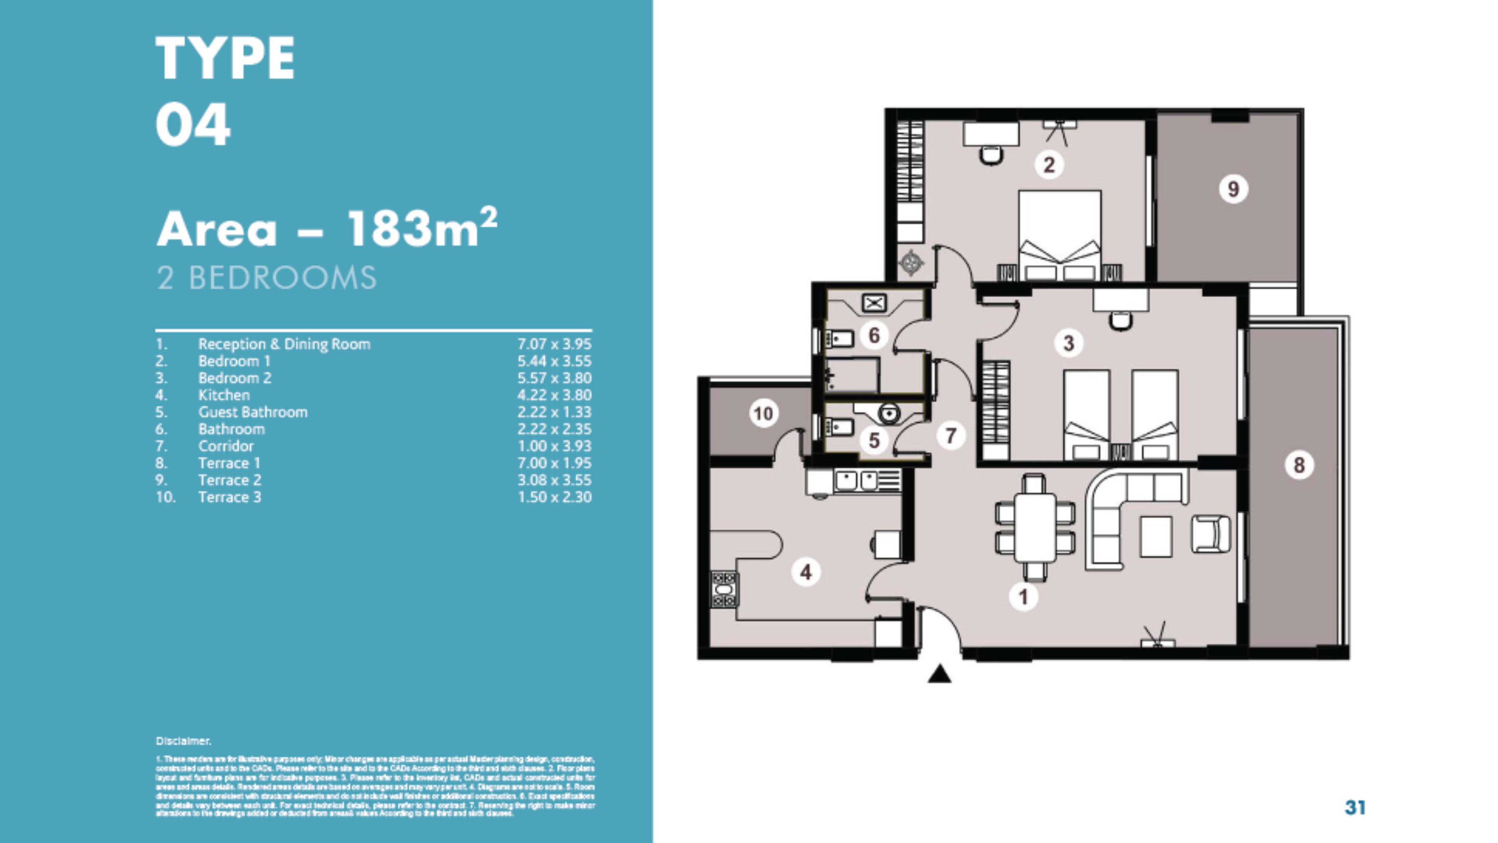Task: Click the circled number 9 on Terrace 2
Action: (x=1233, y=189)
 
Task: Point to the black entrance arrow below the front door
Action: (x=939, y=675)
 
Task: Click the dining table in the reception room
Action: (x=1034, y=528)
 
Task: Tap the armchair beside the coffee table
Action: (x=1211, y=534)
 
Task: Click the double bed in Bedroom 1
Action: (x=1059, y=235)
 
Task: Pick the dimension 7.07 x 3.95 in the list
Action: (x=554, y=344)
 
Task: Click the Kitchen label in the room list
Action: (x=224, y=395)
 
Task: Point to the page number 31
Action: (x=1355, y=807)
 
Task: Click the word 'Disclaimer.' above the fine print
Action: (x=183, y=741)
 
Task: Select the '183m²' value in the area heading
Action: (x=422, y=228)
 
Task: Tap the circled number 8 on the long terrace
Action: (x=1298, y=465)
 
